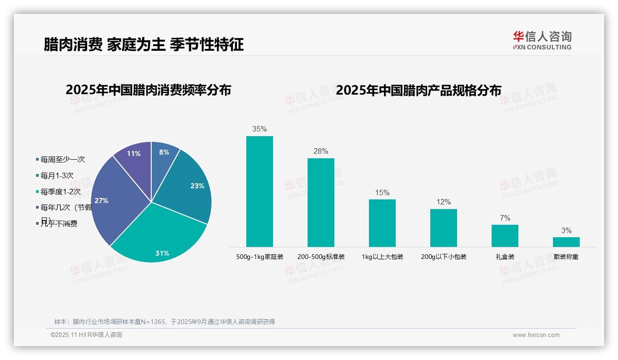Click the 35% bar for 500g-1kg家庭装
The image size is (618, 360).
pyautogui.click(x=259, y=191)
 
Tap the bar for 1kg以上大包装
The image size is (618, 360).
pyautogui.click(x=382, y=223)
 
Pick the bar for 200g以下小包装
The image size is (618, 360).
pyautogui.click(x=443, y=228)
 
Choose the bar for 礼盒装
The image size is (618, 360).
pyautogui.click(x=505, y=235)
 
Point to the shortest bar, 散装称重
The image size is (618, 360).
pyautogui.click(x=566, y=242)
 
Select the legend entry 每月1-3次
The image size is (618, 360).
pyautogui.click(x=57, y=176)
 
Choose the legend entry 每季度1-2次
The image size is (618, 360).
pyautogui.click(x=60, y=192)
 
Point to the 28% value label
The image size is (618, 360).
pyautogui.click(x=321, y=151)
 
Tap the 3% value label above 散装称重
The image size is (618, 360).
pyautogui.click(x=566, y=231)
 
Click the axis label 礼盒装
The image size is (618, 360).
pyautogui.click(x=505, y=257)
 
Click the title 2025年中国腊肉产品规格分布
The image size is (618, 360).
pyautogui.click(x=418, y=90)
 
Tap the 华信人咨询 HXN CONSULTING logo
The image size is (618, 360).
pyautogui.click(x=542, y=41)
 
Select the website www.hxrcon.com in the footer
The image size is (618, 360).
pyautogui.click(x=536, y=335)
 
